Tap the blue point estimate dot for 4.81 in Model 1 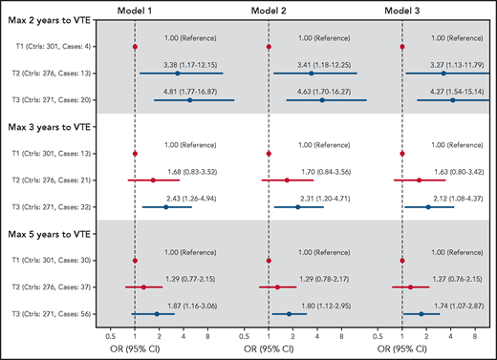[x=190, y=99]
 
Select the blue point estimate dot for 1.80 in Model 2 [x=289, y=313]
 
